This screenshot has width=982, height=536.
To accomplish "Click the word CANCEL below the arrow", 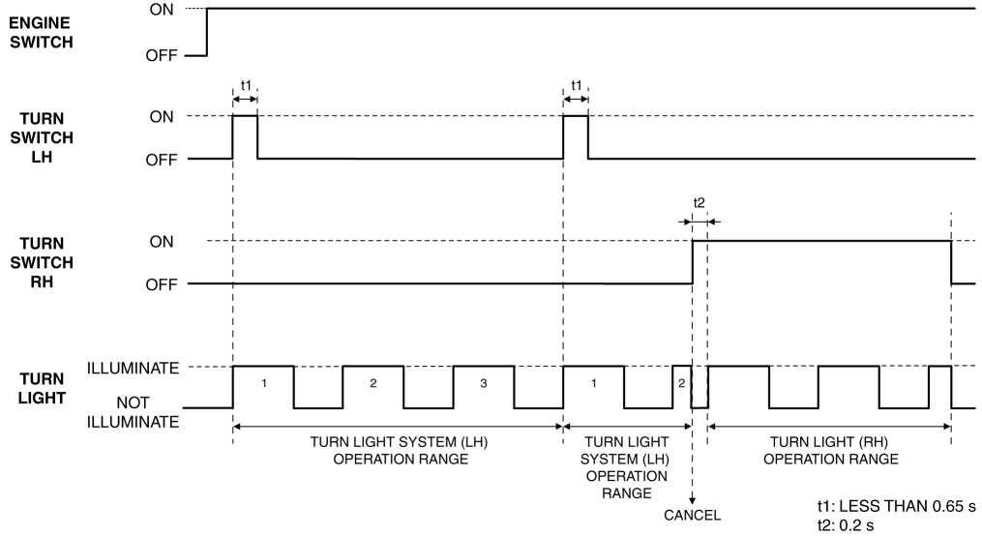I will (x=692, y=514).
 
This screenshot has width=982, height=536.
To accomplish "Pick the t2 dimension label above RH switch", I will (x=699, y=202).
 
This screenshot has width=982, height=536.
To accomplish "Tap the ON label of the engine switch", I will (x=162, y=9).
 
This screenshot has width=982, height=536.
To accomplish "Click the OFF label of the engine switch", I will (x=162, y=56).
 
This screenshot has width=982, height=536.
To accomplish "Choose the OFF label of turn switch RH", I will (x=162, y=284).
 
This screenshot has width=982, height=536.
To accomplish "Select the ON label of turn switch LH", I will (x=162, y=116).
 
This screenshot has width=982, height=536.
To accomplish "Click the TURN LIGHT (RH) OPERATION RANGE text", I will (x=829, y=450).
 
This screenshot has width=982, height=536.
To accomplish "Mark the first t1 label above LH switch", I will (x=246, y=85).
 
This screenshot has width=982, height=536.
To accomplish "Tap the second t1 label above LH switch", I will (x=577, y=85).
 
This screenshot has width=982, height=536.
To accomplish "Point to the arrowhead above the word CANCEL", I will (x=692, y=497).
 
